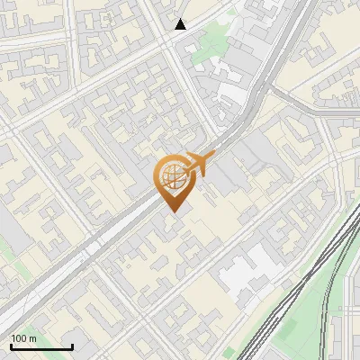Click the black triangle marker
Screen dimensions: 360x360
(x=181, y=24)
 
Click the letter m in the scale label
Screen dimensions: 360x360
(x=33, y=338)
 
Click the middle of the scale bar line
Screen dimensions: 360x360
(x=41, y=346)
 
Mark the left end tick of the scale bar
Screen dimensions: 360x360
(x=11, y=346)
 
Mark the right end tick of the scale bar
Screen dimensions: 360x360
(x=72, y=346)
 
